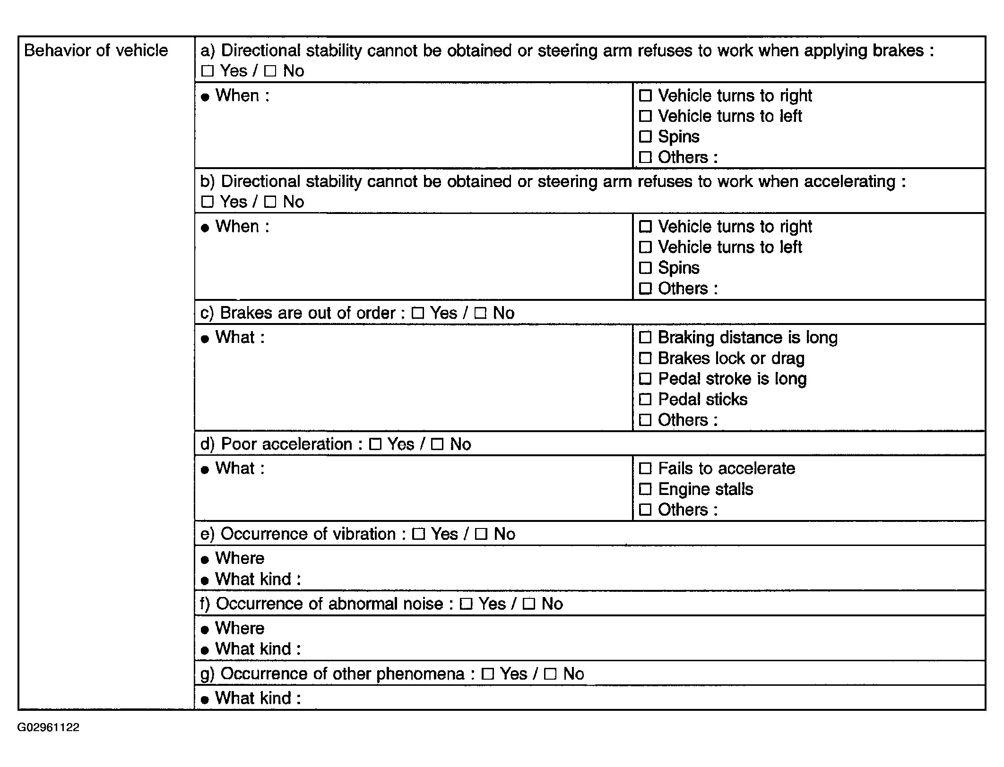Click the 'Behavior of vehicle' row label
96,51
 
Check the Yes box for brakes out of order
417,313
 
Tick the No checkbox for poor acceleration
438,444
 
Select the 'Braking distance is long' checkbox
645,338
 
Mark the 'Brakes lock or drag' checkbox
645,358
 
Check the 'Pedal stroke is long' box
645,379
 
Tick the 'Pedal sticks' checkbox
645,400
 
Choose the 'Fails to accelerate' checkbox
645,469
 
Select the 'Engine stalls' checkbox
645,489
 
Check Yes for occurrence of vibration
418,534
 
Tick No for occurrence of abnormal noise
529,604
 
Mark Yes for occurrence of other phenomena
487,674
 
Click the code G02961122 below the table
48,727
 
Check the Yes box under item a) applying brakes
208,71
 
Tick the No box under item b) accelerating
270,202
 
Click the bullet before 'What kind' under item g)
205,700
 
